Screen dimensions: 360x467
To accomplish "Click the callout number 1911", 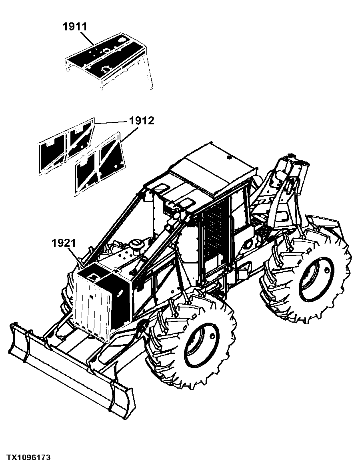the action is click(x=75, y=27).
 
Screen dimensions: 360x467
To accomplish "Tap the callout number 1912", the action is click(x=142, y=121).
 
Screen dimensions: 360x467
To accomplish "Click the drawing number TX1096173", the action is click(x=29, y=457).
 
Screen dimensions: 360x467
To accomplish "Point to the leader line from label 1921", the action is click(x=76, y=257).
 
